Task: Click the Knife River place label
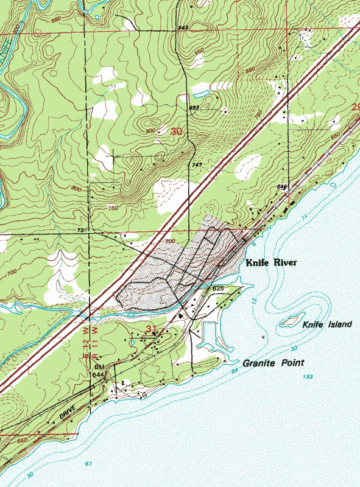(271, 264)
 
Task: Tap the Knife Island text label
(327, 324)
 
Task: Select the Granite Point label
(270, 363)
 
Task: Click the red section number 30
(177, 131)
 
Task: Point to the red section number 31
(152, 329)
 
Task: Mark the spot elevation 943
(183, 28)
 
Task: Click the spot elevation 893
(194, 108)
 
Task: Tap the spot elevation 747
(196, 165)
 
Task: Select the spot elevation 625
(219, 288)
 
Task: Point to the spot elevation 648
(281, 186)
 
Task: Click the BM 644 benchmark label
(99, 371)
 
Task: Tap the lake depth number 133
(310, 378)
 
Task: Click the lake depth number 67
(89, 464)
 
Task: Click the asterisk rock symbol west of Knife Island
(263, 337)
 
